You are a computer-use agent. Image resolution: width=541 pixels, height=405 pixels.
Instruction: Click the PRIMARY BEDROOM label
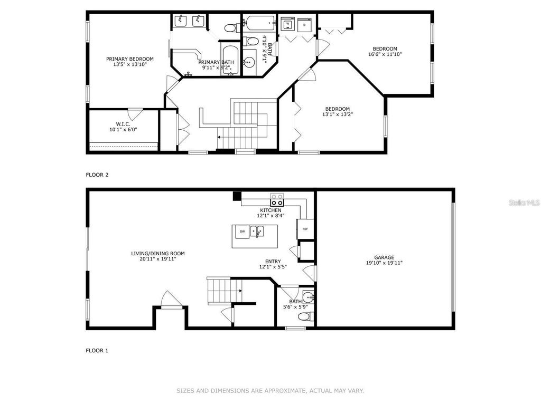pos(129,59)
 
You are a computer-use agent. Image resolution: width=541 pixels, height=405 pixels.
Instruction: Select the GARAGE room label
pos(384,257)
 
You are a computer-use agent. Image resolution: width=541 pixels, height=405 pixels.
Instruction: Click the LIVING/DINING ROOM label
pos(158,253)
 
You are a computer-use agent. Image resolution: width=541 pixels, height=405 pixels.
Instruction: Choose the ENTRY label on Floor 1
pos(273,261)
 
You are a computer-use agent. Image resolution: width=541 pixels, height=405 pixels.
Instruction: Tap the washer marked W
pos(288,24)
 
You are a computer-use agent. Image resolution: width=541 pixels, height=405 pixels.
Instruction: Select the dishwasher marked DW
pos(242,231)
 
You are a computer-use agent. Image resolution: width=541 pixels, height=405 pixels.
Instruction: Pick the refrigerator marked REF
pos(305,229)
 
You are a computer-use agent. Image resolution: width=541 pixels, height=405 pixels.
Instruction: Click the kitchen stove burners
pos(277,200)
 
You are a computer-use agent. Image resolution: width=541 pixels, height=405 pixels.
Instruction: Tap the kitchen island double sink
pos(257,231)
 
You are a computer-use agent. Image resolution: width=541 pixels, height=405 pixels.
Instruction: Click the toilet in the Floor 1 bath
pos(305,316)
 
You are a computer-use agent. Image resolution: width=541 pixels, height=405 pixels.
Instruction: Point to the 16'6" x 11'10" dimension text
pos(388,53)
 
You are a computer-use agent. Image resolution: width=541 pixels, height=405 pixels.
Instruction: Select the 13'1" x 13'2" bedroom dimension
pos(337,114)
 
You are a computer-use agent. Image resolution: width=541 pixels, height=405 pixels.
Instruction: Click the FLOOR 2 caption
pos(97,174)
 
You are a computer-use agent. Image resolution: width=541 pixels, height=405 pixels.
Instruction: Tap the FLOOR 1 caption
pos(97,350)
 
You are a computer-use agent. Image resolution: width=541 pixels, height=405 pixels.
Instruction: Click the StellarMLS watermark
pos(524,202)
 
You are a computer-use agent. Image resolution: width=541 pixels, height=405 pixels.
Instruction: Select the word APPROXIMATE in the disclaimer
pos(286,391)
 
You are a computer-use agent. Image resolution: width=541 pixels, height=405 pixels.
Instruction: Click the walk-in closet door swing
pos(135,113)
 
